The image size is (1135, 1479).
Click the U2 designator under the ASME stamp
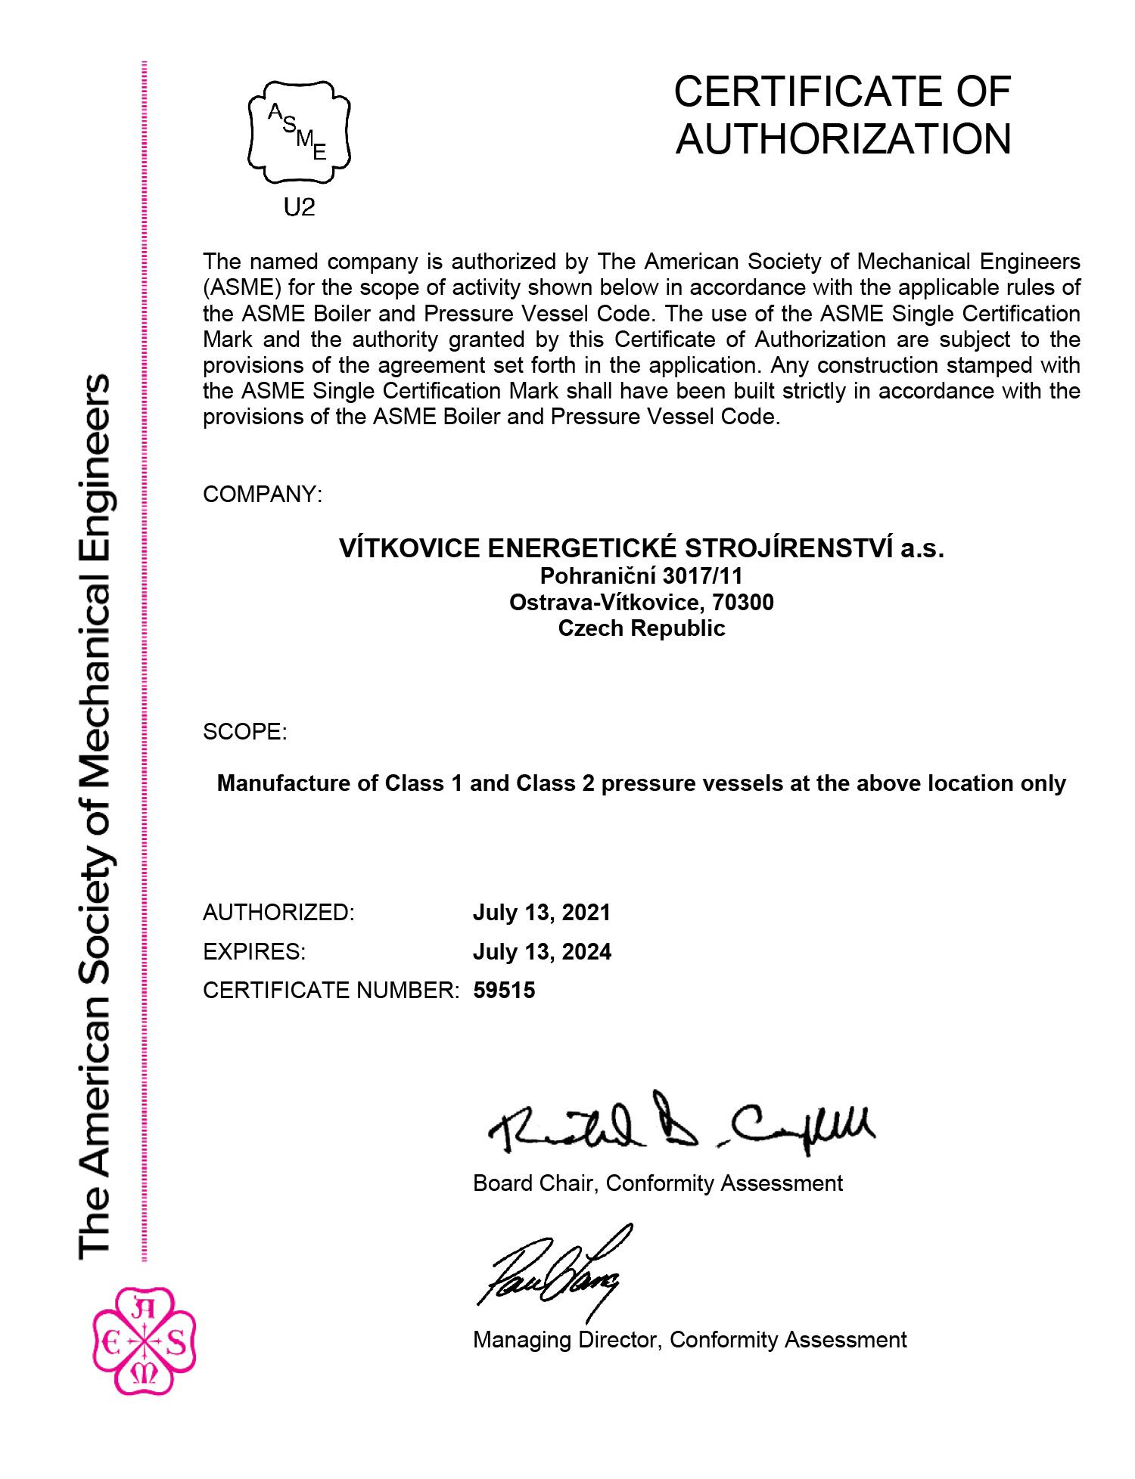click(299, 206)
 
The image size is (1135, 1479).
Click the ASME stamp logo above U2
click(299, 132)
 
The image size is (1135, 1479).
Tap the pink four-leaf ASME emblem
click(143, 1342)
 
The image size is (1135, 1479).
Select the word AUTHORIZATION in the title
click(843, 139)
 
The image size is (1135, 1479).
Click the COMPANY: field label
click(263, 495)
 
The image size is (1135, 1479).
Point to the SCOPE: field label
click(244, 732)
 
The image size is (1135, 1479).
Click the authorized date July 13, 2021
click(541, 912)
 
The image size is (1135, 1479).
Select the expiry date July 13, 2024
click(542, 951)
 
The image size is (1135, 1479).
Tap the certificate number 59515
click(504, 990)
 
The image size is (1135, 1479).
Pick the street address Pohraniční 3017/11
click(641, 576)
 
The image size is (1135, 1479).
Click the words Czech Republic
click(641, 628)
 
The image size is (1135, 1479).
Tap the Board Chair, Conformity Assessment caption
click(657, 1183)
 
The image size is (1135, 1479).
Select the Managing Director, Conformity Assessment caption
click(689, 1340)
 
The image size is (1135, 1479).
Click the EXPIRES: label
click(254, 951)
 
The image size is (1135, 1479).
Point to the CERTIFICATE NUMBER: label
click(331, 990)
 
